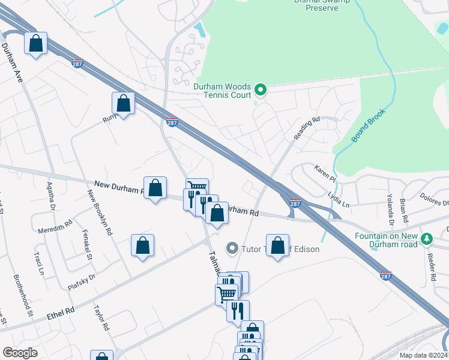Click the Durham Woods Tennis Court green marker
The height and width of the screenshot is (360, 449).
261,91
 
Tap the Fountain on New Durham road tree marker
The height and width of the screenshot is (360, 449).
427,238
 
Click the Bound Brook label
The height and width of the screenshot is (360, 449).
368,125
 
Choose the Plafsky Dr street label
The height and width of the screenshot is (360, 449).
82,282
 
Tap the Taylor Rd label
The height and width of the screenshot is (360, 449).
100,317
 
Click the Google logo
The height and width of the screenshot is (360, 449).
20,353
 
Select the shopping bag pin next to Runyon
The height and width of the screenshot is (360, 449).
123,103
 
